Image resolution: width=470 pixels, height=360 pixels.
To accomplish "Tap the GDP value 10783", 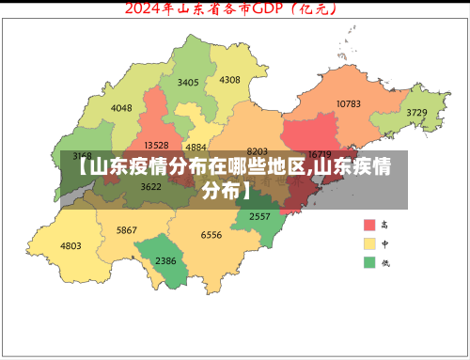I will coord(348,103).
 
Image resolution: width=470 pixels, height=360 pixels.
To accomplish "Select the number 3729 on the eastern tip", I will coord(416,113).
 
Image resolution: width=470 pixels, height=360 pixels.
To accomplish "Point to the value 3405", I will coord(188,83).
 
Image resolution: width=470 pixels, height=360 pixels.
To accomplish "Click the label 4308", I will coord(229,80).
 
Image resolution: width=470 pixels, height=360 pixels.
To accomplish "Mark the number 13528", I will coord(156,146).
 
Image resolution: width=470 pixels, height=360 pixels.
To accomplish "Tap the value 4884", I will coord(196,148).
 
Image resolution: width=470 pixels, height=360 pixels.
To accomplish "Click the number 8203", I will coord(257,151).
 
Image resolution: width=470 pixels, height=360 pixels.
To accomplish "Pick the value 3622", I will coord(150,186).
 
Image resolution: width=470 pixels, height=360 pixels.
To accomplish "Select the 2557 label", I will coord(259,216).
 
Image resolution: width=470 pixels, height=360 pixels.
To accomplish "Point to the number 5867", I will coord(126,230).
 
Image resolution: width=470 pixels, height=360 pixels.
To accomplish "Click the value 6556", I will coord(211,235).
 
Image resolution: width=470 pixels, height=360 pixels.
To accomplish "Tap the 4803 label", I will coord(70,246).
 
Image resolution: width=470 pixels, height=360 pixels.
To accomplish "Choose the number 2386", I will coord(165,260).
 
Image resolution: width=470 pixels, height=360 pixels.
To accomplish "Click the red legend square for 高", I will coord(369,225).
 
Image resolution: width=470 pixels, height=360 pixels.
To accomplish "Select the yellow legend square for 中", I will coord(369,243).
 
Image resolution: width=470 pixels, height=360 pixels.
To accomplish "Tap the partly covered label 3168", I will coord(83,155).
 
